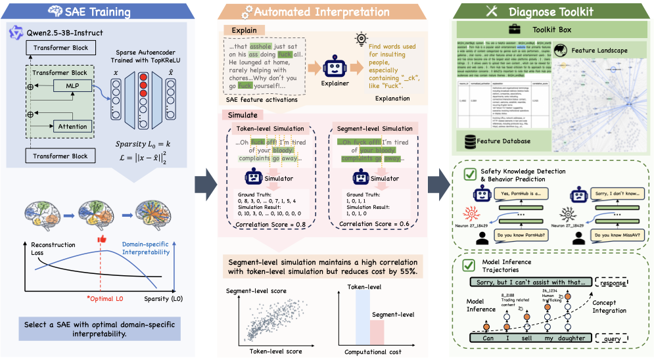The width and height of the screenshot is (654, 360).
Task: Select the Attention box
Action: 72,126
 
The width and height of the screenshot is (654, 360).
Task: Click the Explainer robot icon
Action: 335,67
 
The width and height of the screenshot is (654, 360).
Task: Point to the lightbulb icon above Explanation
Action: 360,39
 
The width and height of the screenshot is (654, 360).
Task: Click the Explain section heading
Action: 243,30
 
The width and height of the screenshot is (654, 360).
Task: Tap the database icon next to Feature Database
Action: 470,141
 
